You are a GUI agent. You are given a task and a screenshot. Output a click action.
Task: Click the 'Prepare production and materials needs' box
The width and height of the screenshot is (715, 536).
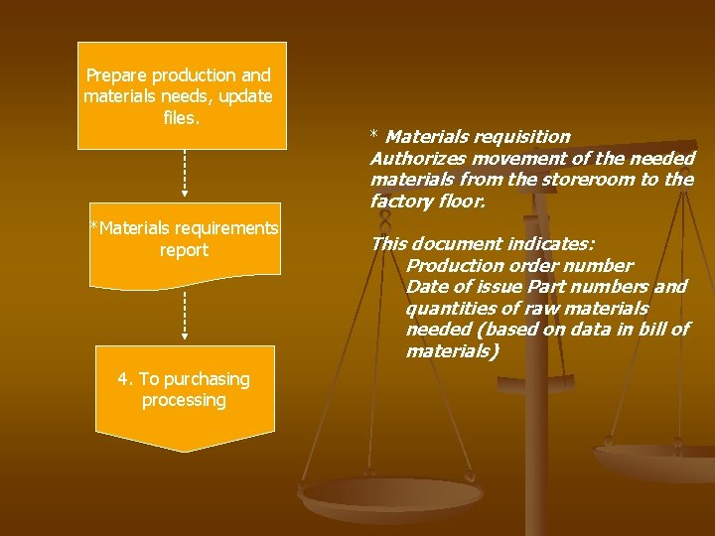click(182, 95)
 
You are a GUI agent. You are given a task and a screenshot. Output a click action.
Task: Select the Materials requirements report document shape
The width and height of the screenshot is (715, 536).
click(185, 243)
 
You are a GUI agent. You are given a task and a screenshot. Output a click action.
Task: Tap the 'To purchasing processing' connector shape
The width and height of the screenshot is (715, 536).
click(185, 392)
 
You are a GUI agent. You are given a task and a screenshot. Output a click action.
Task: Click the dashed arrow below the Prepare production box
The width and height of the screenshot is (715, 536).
click(185, 173)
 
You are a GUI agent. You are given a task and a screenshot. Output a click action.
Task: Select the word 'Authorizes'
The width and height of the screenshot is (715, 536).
click(415, 159)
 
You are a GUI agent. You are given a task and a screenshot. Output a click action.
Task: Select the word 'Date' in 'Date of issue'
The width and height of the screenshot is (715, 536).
click(426, 287)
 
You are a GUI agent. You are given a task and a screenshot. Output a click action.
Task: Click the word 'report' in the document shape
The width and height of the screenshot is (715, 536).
click(185, 251)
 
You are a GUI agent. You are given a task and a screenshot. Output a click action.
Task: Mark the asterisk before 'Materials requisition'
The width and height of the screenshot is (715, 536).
click(375, 135)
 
